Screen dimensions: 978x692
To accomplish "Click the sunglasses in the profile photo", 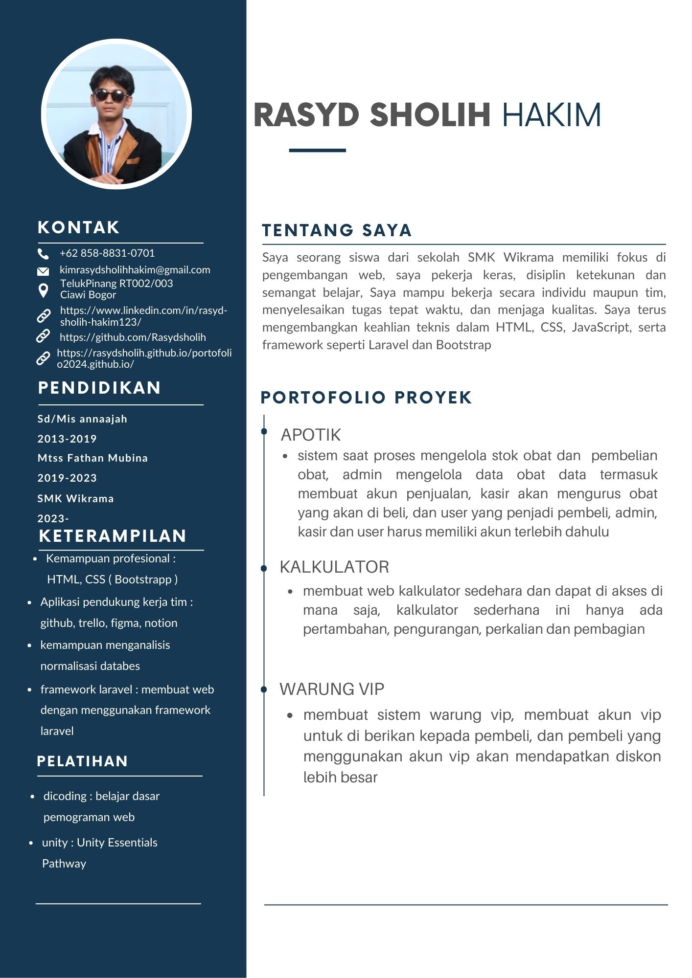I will [x=111, y=95].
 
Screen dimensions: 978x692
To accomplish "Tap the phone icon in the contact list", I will [x=43, y=254].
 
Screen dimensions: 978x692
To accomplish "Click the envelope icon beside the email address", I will [x=43, y=271].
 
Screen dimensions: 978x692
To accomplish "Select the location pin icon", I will [x=43, y=290].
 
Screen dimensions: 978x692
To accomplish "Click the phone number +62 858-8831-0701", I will [x=107, y=253].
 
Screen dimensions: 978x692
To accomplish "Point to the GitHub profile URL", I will [x=133, y=337].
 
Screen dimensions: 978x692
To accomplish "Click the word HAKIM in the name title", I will [x=552, y=115].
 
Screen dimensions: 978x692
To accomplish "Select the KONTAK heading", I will [x=79, y=227].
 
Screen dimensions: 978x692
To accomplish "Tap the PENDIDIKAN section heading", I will [x=99, y=388].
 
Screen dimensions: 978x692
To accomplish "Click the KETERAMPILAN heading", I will [x=113, y=536].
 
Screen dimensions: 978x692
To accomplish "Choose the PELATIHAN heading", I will [x=82, y=761].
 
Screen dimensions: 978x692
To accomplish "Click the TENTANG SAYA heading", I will [x=337, y=230].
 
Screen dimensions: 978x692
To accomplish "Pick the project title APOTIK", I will [x=311, y=435].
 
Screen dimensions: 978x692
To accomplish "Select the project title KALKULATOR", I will [x=334, y=567].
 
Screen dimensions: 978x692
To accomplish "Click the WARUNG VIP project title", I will [x=332, y=689].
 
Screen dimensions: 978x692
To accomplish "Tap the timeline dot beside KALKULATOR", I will [x=264, y=568].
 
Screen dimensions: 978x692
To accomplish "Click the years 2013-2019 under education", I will [x=67, y=439].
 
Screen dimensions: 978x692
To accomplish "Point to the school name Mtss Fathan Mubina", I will [x=92, y=458].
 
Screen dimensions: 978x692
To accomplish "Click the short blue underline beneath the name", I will [x=317, y=150].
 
